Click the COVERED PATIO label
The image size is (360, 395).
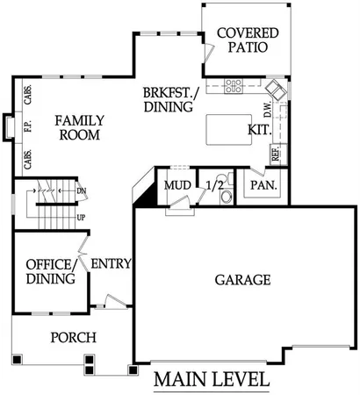[248, 41]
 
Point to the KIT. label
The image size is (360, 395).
[259, 129]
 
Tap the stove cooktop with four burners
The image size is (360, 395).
[234, 86]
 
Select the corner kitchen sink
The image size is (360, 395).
[277, 89]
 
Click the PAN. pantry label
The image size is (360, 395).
[263, 186]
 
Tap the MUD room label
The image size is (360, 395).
[176, 185]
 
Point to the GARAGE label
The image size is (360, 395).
[242, 280]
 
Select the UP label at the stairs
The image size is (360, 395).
[81, 216]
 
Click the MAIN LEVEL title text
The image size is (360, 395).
[211, 381]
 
